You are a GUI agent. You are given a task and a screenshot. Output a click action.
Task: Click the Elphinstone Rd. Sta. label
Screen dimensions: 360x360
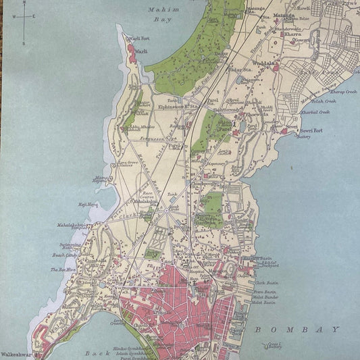tap(176, 106)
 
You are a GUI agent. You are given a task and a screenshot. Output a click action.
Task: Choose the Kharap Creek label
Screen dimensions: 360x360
tap(344, 92)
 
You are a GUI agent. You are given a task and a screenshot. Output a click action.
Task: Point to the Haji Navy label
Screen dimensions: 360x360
tap(88, 203)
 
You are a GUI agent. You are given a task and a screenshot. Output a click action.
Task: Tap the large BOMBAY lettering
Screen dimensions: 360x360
tap(297, 330)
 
